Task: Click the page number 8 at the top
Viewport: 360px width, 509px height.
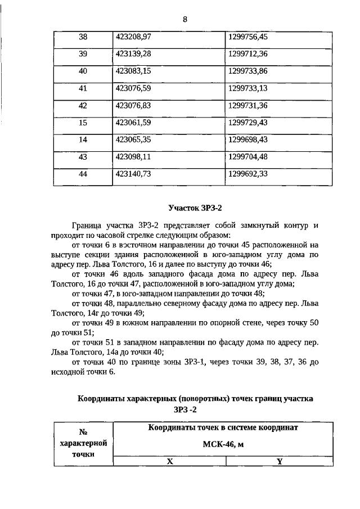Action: click(x=184, y=19)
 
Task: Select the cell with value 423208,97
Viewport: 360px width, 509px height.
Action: click(x=133, y=37)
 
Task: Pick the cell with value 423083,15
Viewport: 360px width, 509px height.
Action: click(x=133, y=71)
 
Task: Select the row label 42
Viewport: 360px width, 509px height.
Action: click(x=83, y=105)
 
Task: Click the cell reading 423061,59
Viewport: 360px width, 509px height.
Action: click(x=133, y=122)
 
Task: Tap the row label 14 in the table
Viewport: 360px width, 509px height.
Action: click(x=83, y=139)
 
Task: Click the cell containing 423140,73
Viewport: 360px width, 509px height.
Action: click(x=133, y=174)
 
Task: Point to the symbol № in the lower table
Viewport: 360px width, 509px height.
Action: click(x=83, y=432)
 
